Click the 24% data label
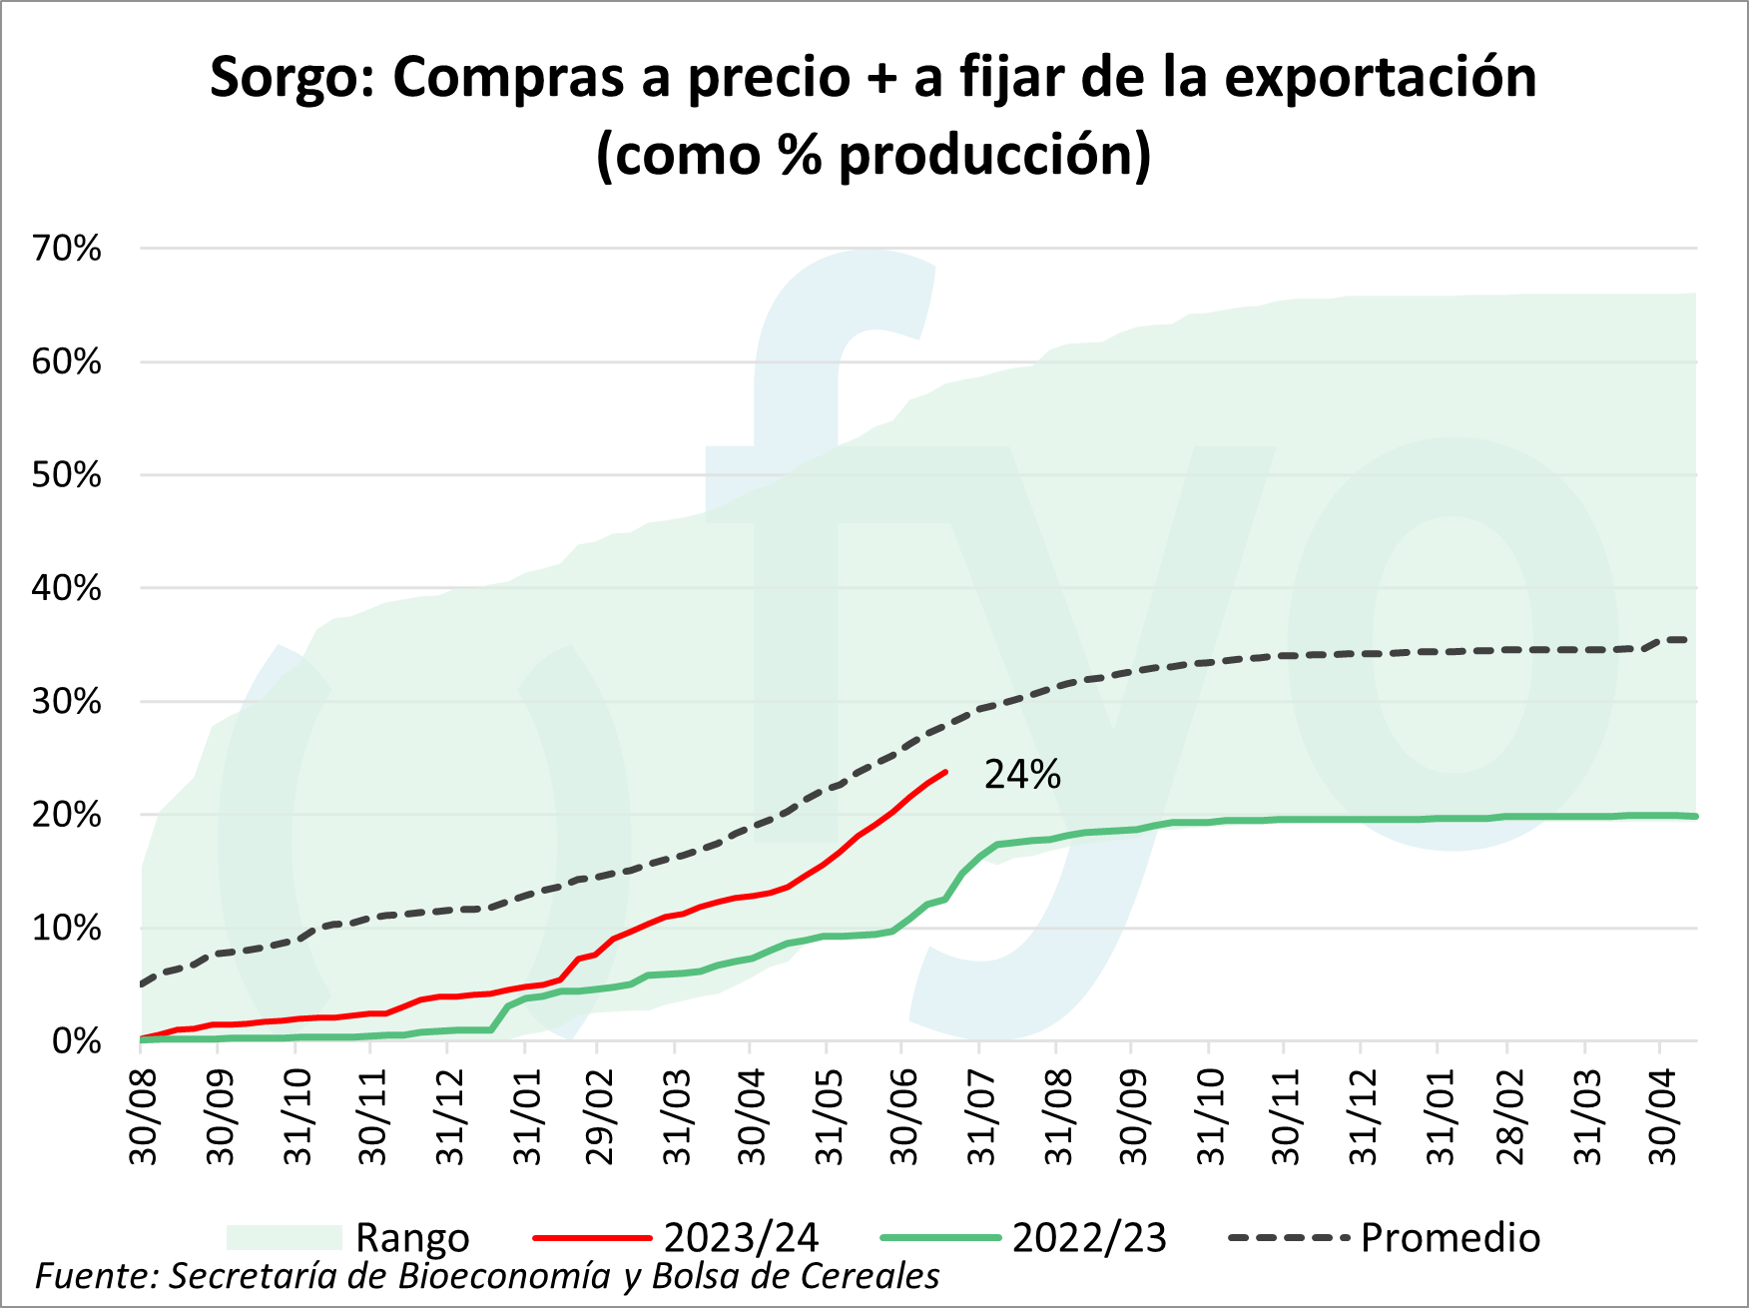pyautogui.click(x=1022, y=775)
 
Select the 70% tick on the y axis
pyautogui.click(x=67, y=249)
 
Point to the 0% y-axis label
pyautogui.click(x=77, y=1041)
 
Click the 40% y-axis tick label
pyautogui.click(x=67, y=588)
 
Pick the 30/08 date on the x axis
pyautogui.click(x=144, y=1116)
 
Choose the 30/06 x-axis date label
pyautogui.click(x=904, y=1116)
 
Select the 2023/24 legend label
pyautogui.click(x=741, y=1238)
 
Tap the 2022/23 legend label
pyautogui.click(x=1089, y=1238)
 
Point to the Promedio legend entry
pyautogui.click(x=1450, y=1238)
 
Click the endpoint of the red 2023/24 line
pyautogui.click(x=945, y=772)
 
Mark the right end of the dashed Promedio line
pyautogui.click(x=1686, y=639)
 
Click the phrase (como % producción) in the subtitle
pyautogui.click(x=874, y=155)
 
